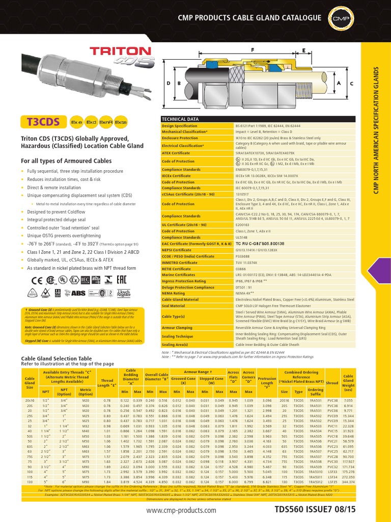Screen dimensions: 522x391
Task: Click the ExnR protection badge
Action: tap(105, 122)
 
